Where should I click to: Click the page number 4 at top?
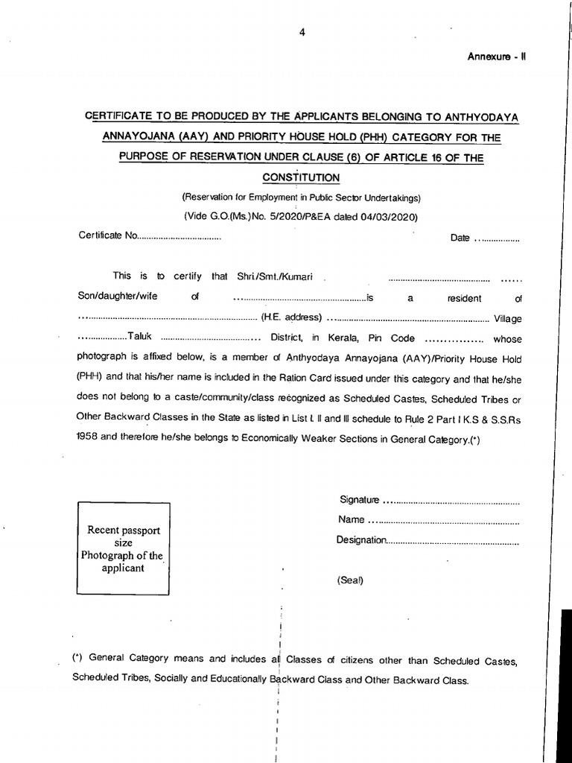click(302, 31)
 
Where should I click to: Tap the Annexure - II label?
click(497, 57)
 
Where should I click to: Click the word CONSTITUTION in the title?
click(301, 177)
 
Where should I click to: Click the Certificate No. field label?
click(109, 236)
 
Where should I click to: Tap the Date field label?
click(460, 238)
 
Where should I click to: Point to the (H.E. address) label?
click(291, 317)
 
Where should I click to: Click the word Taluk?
click(139, 337)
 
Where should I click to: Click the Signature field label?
click(360, 499)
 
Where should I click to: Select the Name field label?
click(351, 519)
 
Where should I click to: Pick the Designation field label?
click(361, 539)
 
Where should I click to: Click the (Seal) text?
click(349, 580)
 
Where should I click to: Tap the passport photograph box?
click(123, 548)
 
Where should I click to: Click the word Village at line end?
click(507, 318)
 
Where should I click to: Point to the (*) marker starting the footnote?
click(77, 659)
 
